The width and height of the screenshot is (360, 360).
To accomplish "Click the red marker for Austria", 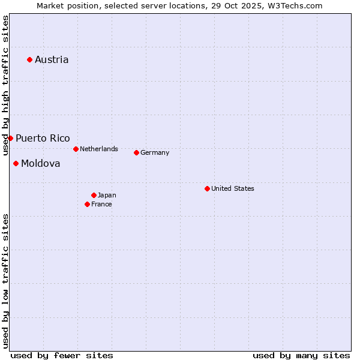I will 29,59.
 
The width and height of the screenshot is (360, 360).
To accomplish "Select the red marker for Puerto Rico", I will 10,138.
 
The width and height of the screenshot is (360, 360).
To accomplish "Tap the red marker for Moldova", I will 16,163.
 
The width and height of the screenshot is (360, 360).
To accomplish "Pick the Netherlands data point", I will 76,149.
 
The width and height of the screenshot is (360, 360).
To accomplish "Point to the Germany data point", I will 136,152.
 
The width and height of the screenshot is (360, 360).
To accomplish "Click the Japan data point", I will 94,195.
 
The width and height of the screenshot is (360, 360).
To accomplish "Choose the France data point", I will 87,204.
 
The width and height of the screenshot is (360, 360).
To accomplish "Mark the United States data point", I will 207,188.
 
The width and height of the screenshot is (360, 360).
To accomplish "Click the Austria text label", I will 52,59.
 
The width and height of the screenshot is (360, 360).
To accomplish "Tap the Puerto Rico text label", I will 43,138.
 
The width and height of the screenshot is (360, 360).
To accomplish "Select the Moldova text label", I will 41,163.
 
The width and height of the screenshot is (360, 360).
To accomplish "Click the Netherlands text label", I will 99,149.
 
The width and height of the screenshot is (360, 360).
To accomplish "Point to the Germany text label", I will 155,152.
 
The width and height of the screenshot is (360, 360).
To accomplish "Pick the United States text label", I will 233,188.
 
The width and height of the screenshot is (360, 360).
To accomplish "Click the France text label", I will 101,204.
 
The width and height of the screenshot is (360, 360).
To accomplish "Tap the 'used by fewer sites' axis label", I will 62,355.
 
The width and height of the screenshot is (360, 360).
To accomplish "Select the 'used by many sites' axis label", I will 301,355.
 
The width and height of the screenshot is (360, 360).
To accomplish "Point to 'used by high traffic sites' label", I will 5,85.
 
